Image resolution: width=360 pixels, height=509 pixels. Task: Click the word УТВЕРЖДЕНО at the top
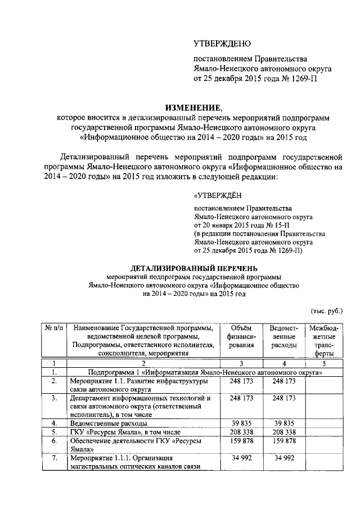222,44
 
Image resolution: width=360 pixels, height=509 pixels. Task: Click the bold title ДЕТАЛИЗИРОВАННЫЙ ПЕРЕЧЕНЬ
194,268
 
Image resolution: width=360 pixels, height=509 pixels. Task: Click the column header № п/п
54,328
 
